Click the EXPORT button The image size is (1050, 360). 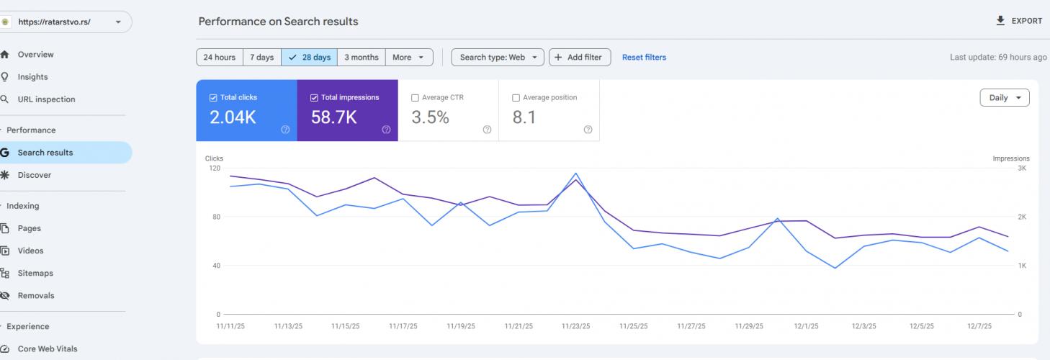(1019, 21)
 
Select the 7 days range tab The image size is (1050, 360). (261, 58)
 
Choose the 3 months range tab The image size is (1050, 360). (361, 58)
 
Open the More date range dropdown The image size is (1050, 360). (409, 58)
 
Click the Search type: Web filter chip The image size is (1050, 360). (498, 58)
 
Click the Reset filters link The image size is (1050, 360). (644, 58)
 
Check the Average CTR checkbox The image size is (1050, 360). (415, 98)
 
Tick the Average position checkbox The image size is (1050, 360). (516, 98)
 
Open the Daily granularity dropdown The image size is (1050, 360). (1004, 98)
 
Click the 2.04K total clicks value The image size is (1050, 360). (233, 117)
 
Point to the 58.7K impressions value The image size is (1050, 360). (333, 117)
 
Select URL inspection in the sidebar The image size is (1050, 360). (46, 99)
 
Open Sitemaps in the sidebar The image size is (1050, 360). (35, 273)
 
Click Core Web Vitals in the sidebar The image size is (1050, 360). (48, 349)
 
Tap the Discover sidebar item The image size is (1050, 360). (35, 175)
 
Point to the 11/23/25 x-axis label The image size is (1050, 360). (576, 326)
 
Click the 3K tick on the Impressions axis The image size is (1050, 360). (1021, 168)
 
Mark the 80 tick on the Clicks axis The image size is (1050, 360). (215, 217)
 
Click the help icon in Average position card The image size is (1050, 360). (588, 130)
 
